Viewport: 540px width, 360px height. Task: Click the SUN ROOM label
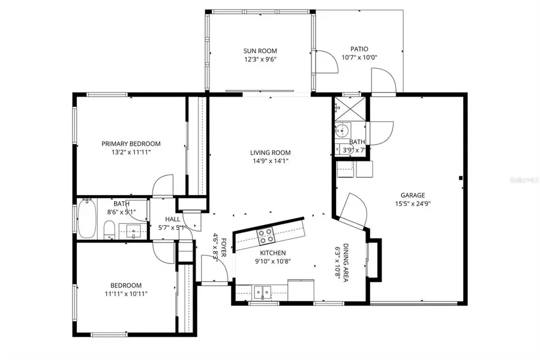coord(260,51)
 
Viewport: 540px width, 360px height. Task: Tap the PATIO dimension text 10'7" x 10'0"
coord(359,58)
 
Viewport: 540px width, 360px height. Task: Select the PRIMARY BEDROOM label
coord(131,143)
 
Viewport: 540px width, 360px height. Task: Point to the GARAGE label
coord(413,195)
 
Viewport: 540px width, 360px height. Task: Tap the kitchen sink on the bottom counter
coord(262,293)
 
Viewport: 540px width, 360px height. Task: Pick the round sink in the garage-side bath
coord(343,130)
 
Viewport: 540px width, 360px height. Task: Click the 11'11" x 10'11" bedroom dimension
coord(126,294)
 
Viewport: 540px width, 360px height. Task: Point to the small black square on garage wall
coord(460,178)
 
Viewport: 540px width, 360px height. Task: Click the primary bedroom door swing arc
coord(162,185)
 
